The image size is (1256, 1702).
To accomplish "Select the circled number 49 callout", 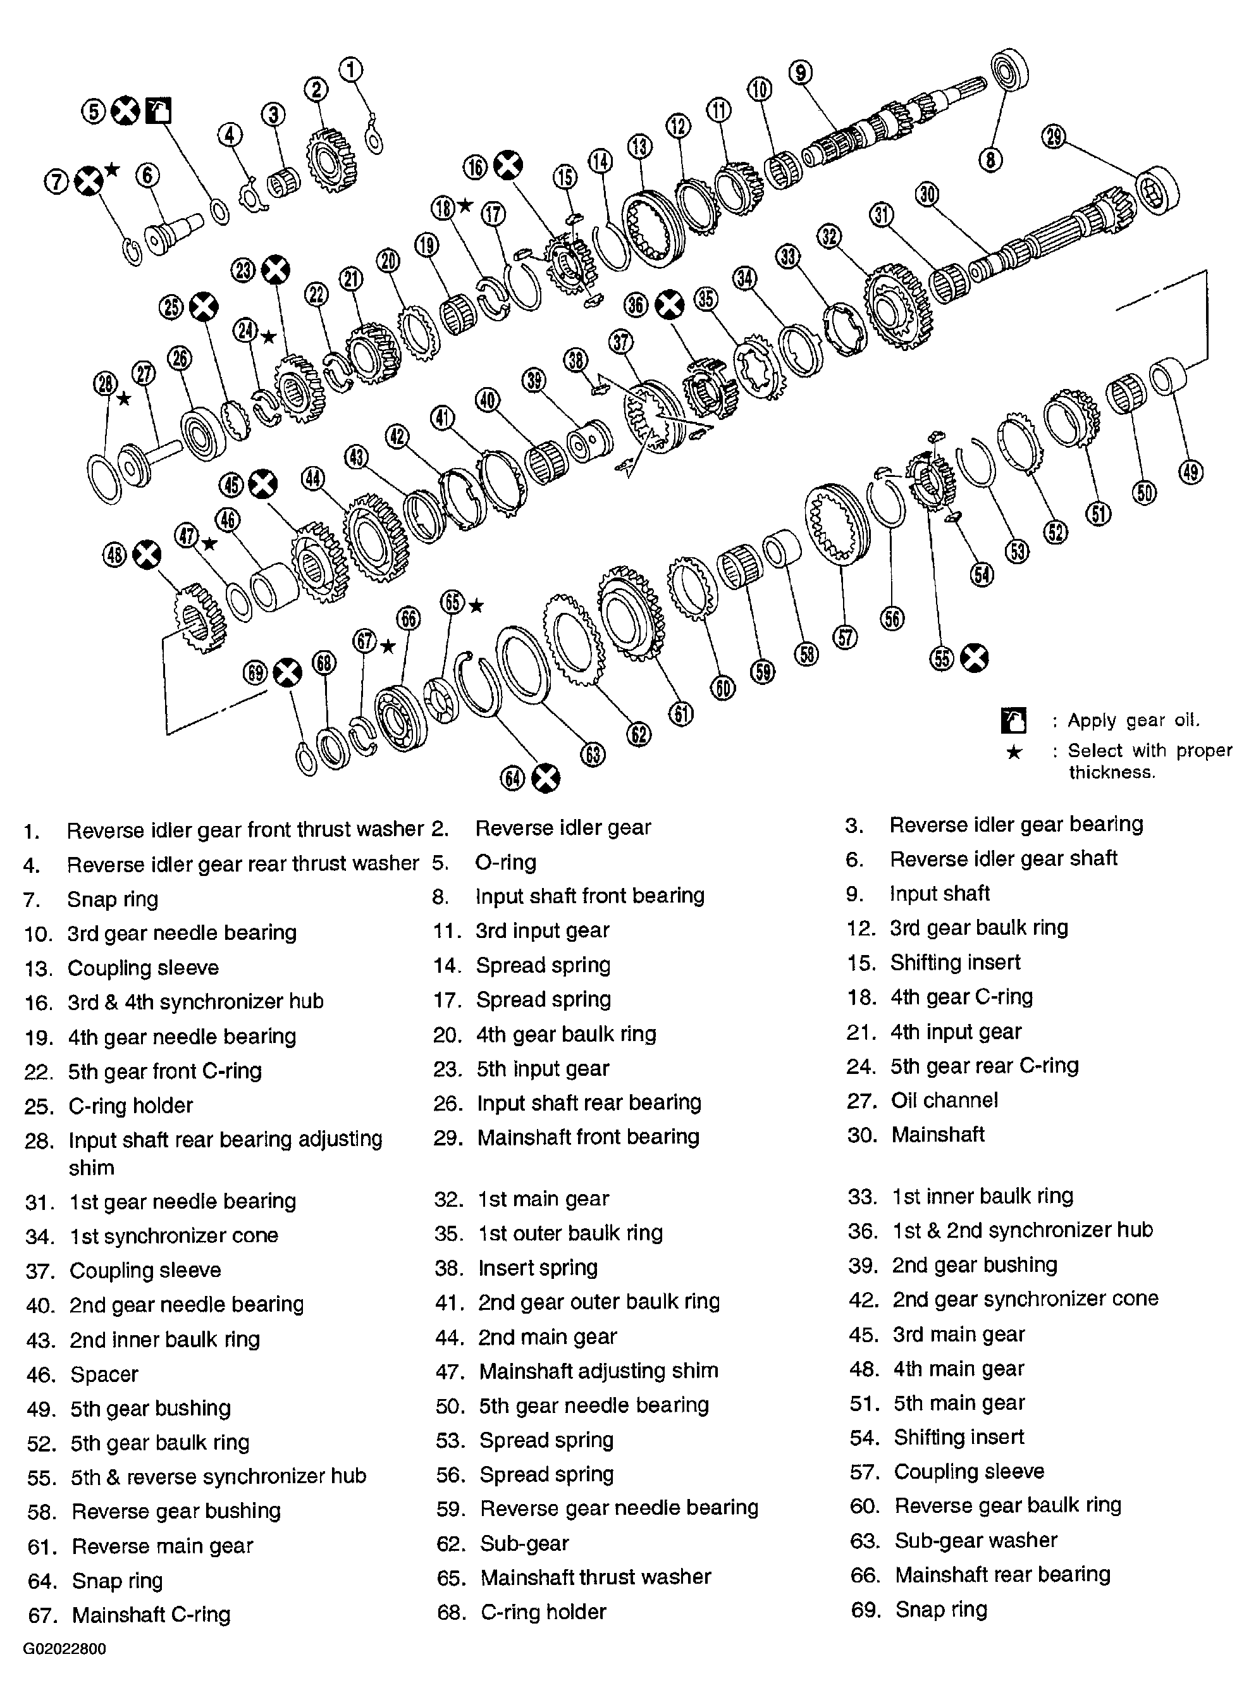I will click(1191, 472).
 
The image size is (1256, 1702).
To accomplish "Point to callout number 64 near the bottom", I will click(512, 779).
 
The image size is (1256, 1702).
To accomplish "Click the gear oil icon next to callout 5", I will click(158, 111).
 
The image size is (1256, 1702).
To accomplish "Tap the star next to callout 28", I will click(124, 398).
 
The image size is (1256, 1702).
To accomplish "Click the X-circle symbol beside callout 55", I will click(974, 658).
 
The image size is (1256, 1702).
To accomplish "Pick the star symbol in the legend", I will click(1014, 753).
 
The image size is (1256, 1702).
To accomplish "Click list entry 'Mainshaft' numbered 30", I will click(937, 1135).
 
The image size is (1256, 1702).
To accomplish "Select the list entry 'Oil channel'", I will click(944, 1100).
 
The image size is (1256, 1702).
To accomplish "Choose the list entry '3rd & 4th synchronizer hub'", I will click(195, 1002).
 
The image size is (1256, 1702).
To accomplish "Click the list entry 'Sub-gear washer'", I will click(975, 1540).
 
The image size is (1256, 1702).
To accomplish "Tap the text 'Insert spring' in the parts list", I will click(538, 1268).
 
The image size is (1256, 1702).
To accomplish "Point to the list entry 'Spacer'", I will click(104, 1374).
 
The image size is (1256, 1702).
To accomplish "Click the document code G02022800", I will click(65, 1649).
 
